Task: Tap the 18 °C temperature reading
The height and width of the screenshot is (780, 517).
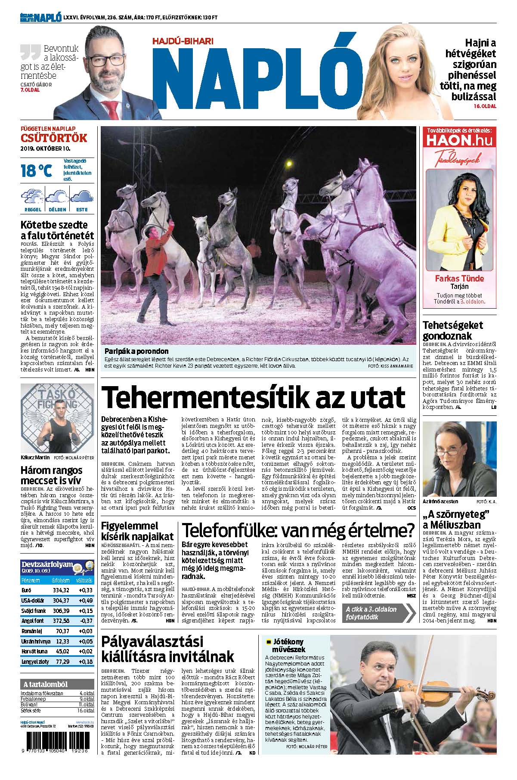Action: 36,171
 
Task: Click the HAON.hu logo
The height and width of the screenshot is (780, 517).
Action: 459,140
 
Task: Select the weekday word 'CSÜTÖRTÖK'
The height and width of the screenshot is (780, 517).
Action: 54,138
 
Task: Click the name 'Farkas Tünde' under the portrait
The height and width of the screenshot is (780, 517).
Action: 459,279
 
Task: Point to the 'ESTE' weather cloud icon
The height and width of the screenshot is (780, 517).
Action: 82,197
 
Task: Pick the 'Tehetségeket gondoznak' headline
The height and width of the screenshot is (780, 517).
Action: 453,331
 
